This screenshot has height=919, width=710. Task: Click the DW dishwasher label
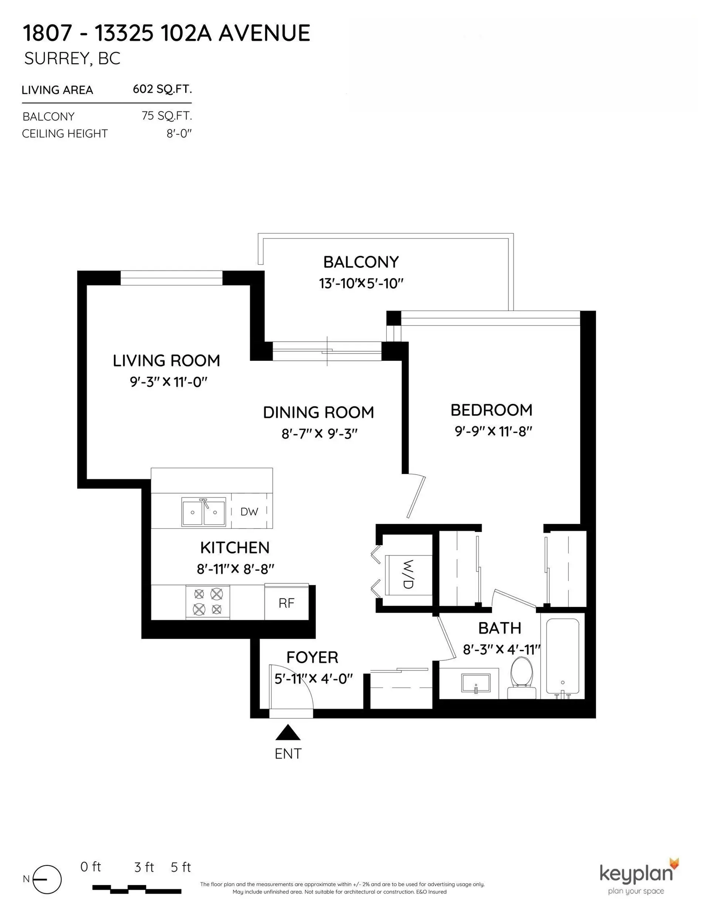pos(249,512)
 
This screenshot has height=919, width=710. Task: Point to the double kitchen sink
pos(204,512)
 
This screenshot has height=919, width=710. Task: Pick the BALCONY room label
pos(361,262)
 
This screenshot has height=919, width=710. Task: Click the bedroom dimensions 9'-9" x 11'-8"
pos(493,431)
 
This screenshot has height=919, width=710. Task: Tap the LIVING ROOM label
pos(166,361)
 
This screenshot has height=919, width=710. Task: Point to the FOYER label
pos(312,657)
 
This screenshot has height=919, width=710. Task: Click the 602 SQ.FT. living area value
pos(162,89)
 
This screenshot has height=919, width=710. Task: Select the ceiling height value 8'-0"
pos(179,134)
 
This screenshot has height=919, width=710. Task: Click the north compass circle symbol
pos(47,879)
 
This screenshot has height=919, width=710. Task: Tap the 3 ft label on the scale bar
pos(144,867)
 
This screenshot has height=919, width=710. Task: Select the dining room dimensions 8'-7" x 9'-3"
pos(319,433)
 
